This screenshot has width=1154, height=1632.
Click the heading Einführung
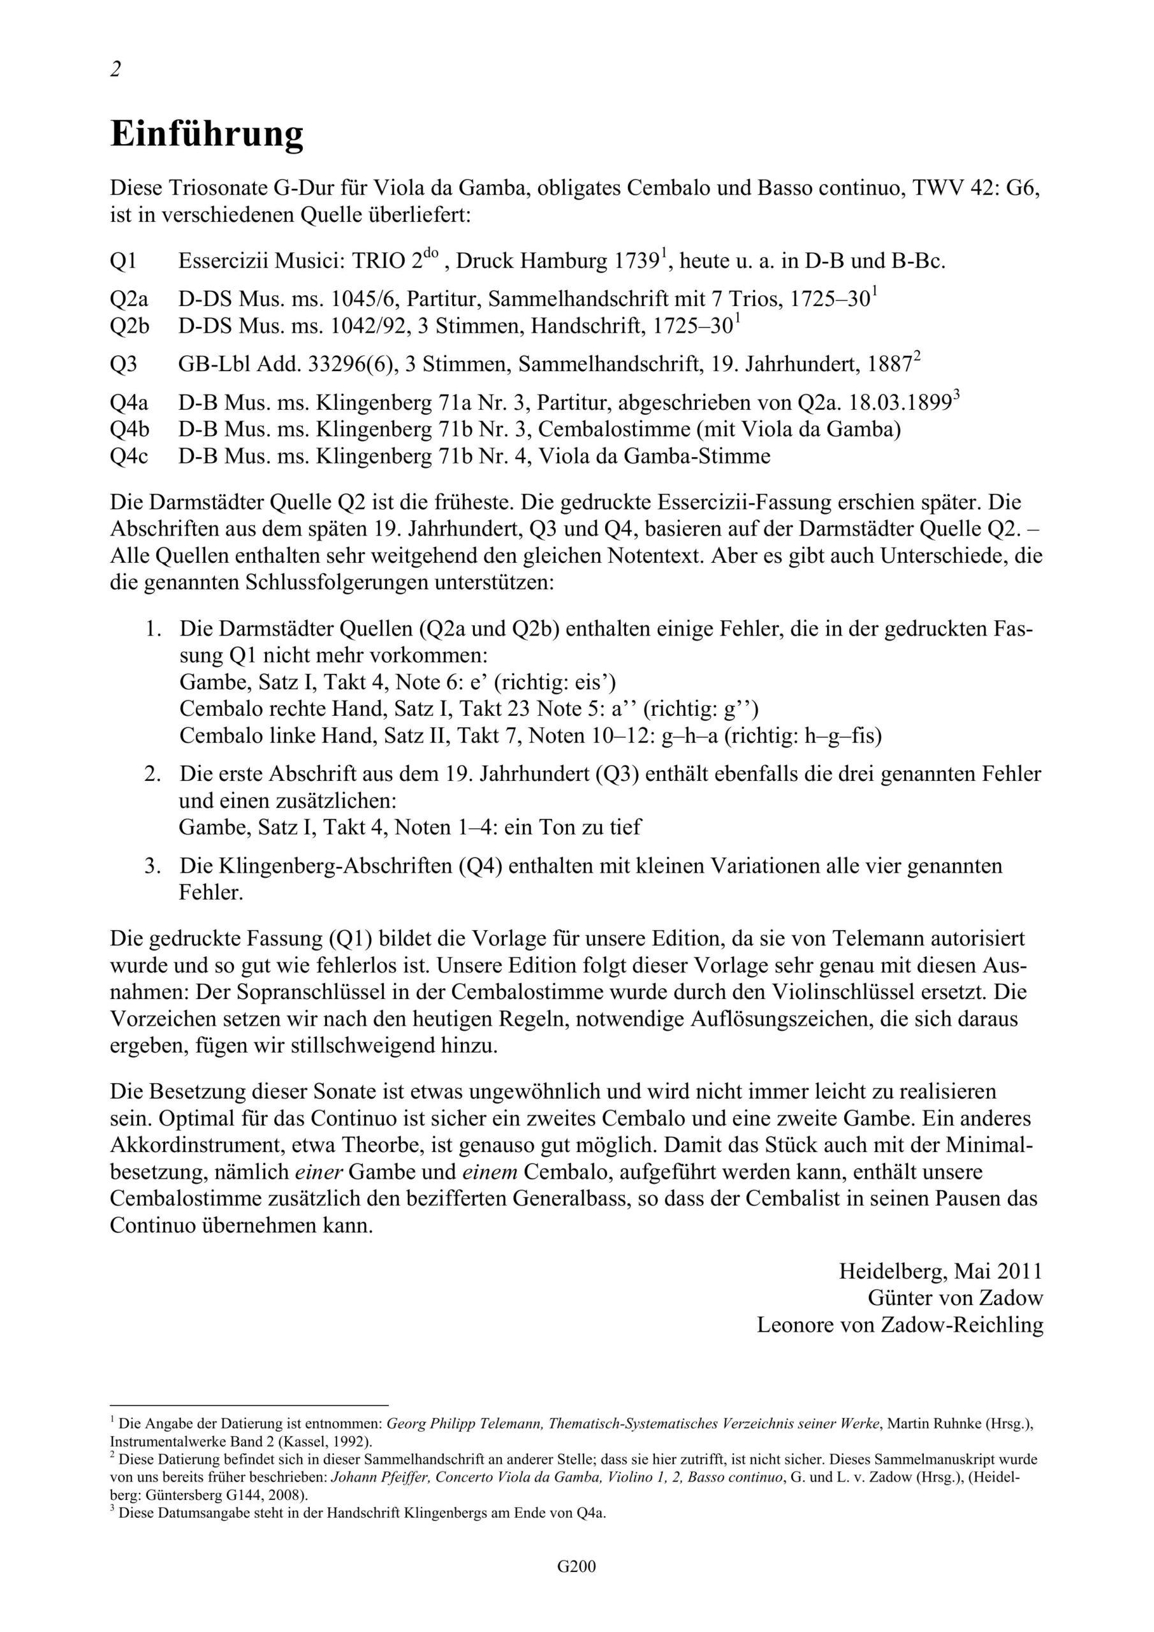click(207, 135)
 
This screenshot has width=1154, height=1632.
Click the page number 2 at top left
click(115, 69)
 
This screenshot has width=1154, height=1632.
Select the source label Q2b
click(129, 326)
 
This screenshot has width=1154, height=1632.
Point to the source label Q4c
click(129, 456)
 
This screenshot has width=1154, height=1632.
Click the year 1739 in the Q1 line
click(637, 261)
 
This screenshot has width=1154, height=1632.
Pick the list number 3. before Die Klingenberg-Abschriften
click(152, 866)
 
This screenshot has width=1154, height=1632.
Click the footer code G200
click(576, 1587)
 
